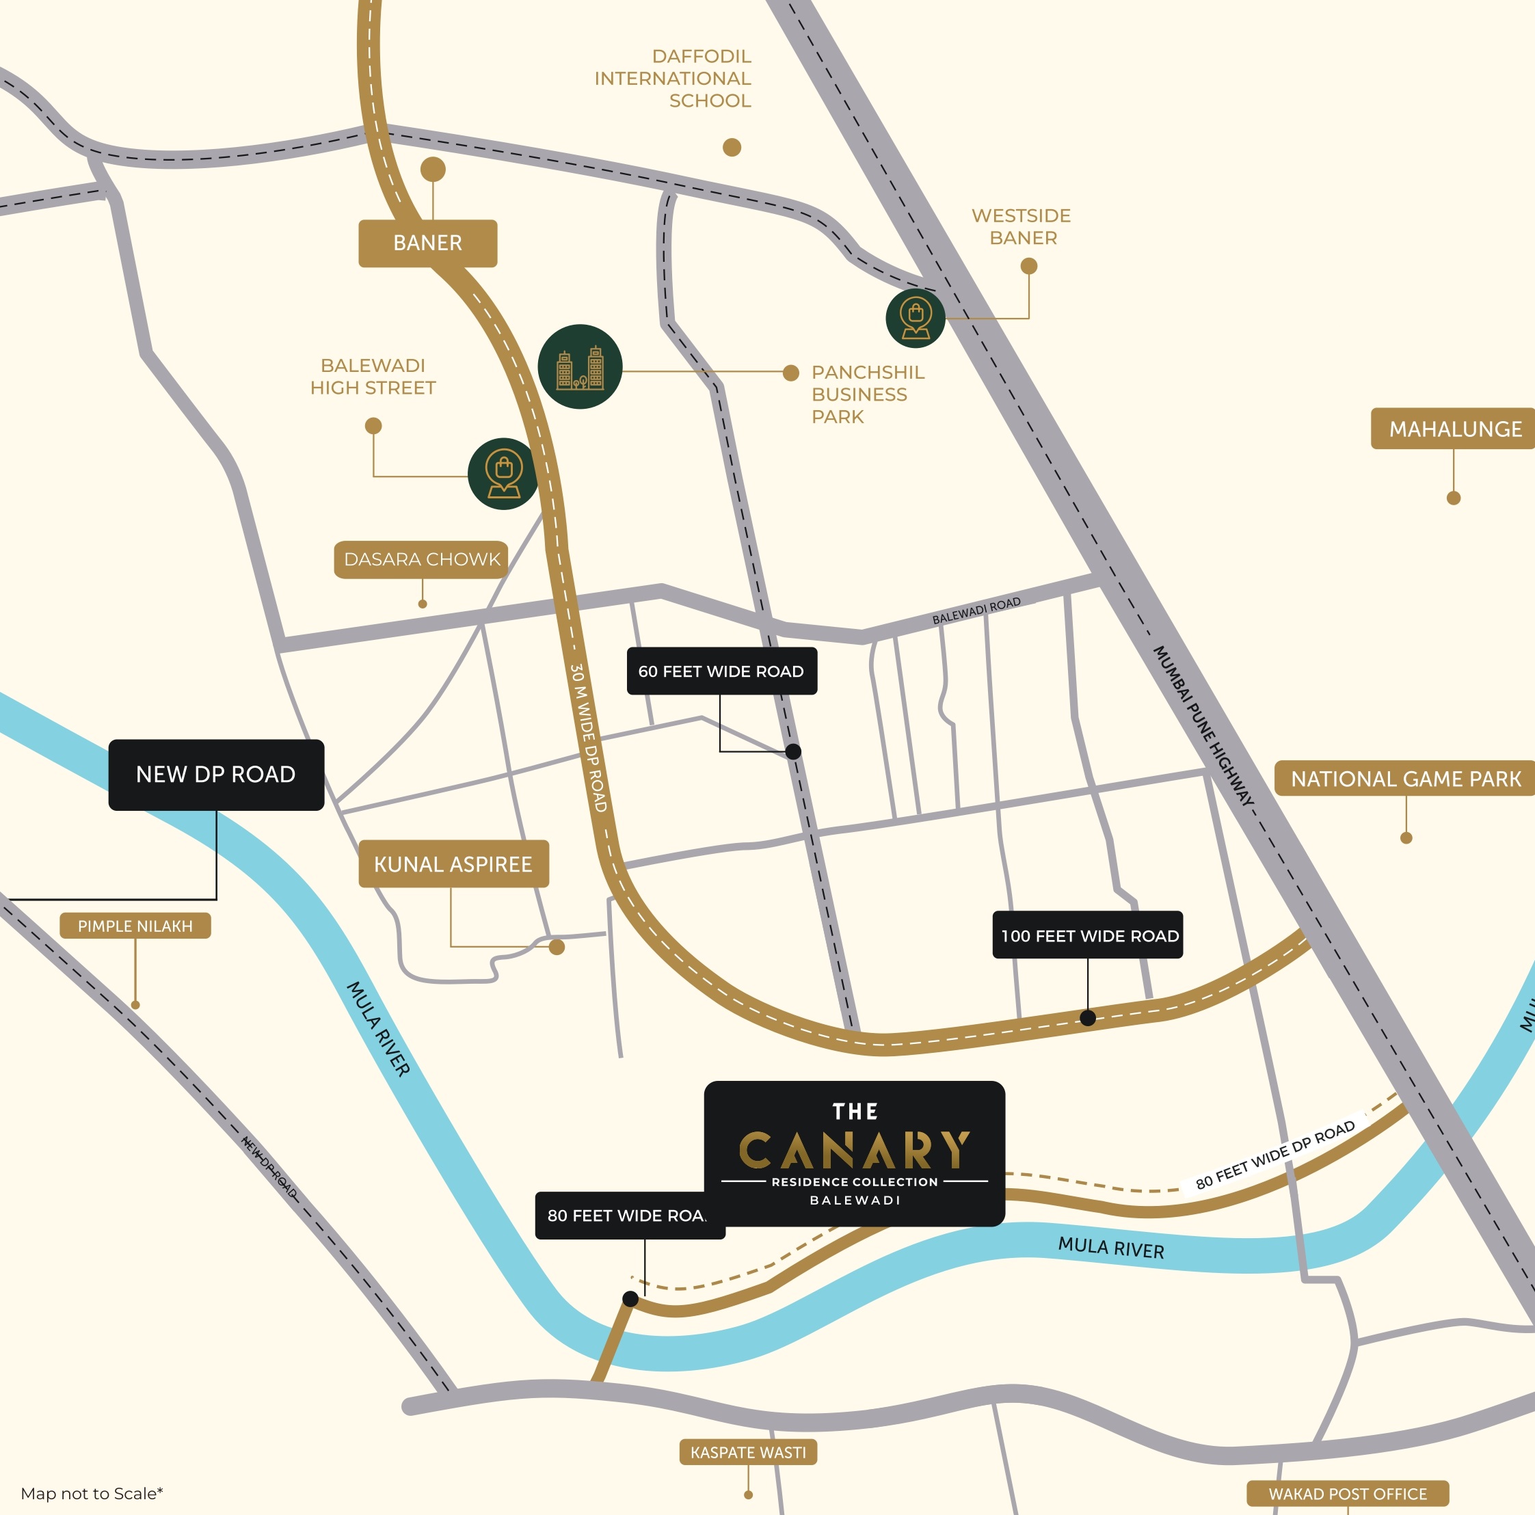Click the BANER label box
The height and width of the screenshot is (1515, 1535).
(x=427, y=243)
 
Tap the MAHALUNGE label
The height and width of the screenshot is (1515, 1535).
(x=1454, y=429)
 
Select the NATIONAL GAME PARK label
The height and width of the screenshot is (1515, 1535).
(x=1404, y=779)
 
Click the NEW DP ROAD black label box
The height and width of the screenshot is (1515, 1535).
(x=216, y=775)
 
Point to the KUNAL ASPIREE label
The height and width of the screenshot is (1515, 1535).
(x=453, y=864)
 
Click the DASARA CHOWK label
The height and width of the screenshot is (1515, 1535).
(x=422, y=559)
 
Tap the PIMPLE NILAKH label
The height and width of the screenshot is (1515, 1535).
(x=135, y=926)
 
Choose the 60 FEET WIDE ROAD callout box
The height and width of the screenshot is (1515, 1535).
(x=721, y=671)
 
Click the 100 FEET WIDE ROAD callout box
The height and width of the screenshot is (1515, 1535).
(x=1089, y=936)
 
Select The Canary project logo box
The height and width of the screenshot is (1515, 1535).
(x=854, y=1153)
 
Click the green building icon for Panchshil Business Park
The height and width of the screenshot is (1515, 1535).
(x=580, y=367)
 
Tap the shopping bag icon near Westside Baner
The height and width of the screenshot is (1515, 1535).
(x=916, y=318)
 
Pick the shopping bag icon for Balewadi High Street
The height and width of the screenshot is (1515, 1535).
(x=504, y=474)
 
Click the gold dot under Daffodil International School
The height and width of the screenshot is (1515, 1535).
(x=732, y=147)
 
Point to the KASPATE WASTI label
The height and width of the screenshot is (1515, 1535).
(x=747, y=1452)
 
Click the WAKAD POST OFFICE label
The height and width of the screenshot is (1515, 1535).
(x=1348, y=1494)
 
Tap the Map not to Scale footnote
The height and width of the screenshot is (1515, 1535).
(x=92, y=1494)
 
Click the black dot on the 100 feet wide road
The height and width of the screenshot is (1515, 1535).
(x=1089, y=1018)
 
